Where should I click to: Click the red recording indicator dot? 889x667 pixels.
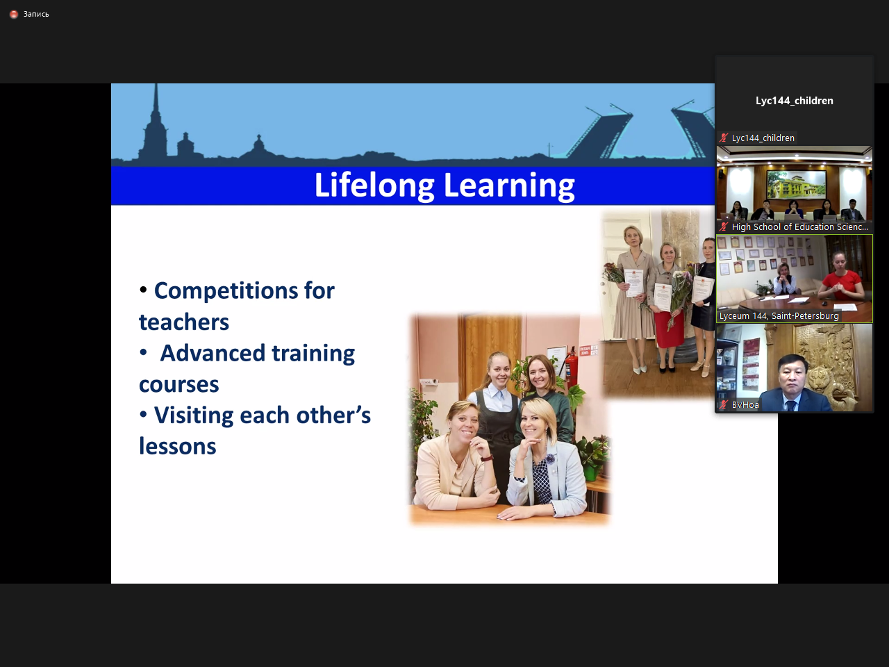click(x=14, y=14)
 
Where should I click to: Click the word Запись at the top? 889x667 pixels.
click(x=36, y=14)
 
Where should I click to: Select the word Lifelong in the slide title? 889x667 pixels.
click(x=374, y=186)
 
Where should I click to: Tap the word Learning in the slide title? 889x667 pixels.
click(x=509, y=186)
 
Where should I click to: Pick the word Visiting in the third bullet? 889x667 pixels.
click(x=194, y=415)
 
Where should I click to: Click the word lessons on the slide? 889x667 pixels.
click(x=177, y=446)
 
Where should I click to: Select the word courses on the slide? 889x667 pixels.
click(x=178, y=384)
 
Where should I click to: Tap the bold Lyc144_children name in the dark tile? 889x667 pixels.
click(x=795, y=101)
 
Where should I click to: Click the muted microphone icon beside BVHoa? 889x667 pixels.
click(x=723, y=404)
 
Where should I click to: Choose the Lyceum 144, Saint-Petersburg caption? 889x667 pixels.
click(x=779, y=316)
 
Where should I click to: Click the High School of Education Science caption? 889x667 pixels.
click(x=800, y=227)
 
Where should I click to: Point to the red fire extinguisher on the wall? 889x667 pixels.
click(x=571, y=368)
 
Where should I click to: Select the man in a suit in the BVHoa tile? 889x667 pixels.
click(x=793, y=384)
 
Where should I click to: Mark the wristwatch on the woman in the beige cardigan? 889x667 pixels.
click(x=488, y=459)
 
